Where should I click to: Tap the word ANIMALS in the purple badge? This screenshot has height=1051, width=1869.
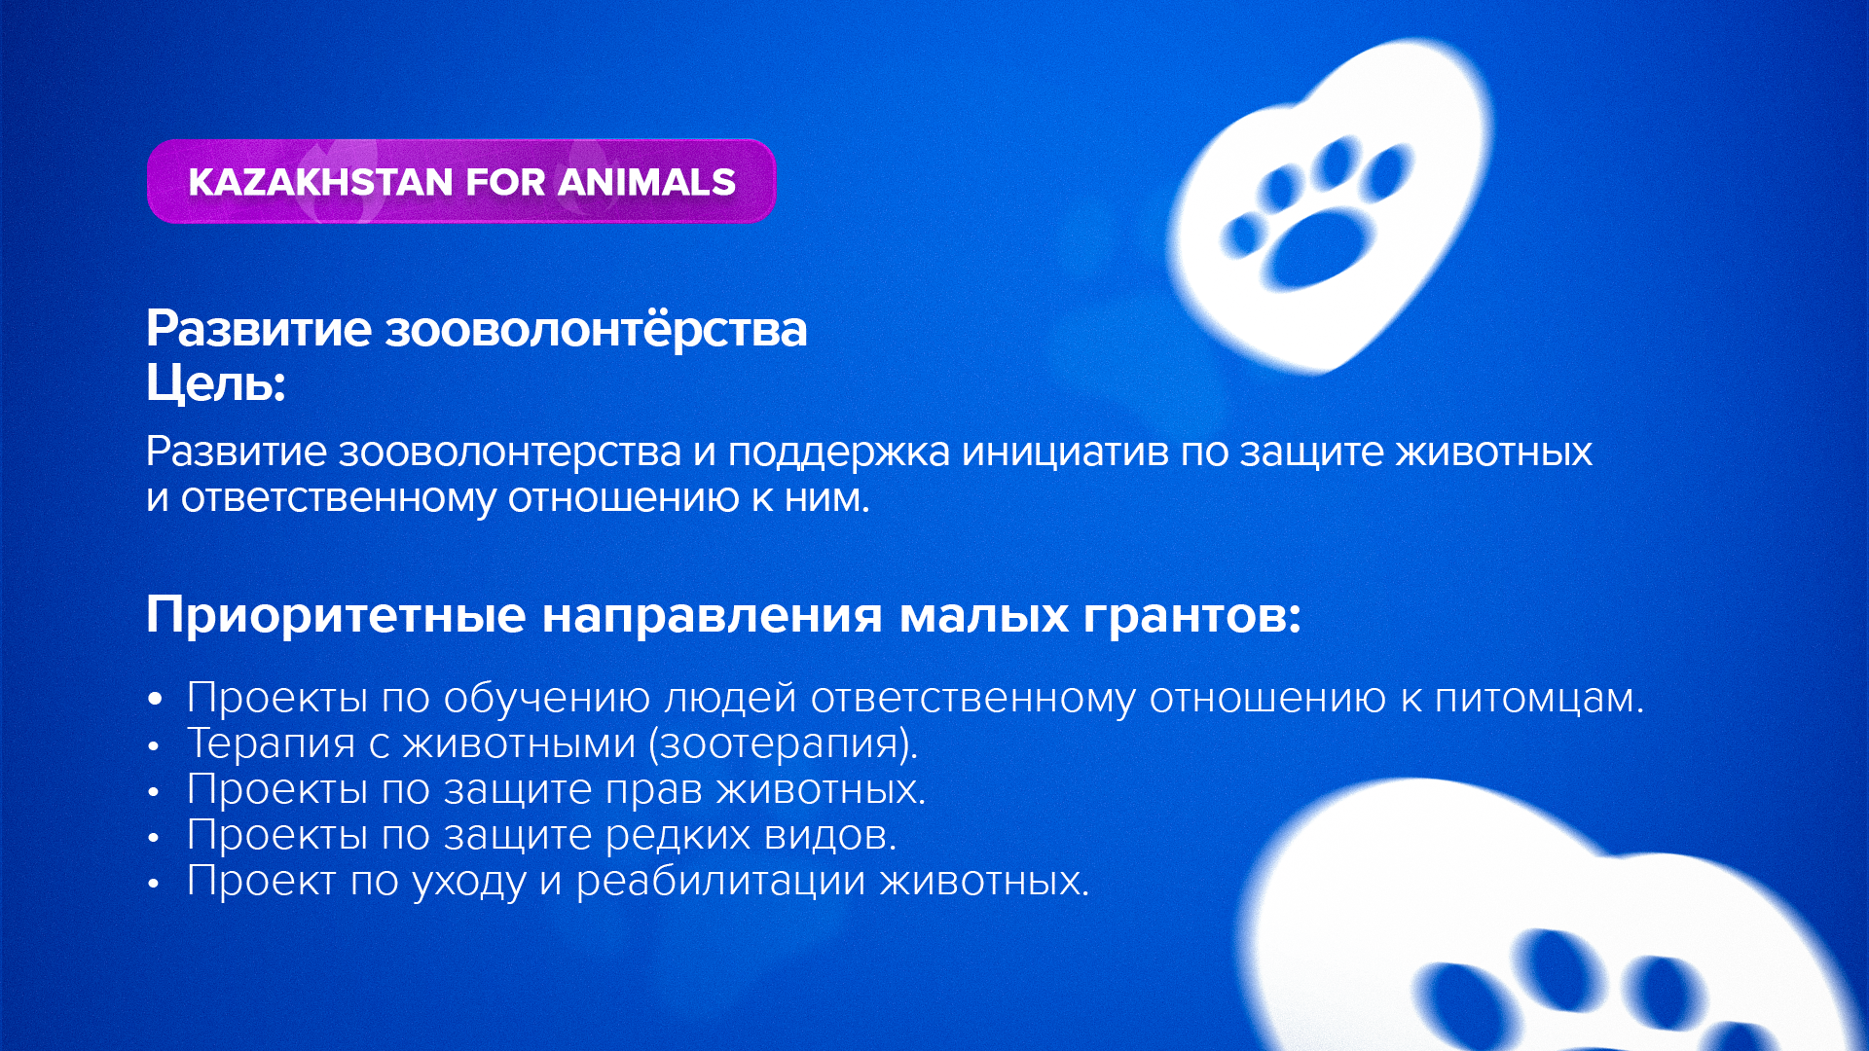[x=647, y=182]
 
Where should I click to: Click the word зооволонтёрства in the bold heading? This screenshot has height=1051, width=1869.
[x=597, y=329]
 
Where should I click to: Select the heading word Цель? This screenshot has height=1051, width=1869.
[x=216, y=383]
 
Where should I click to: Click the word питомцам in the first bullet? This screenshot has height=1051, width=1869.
[x=1539, y=699]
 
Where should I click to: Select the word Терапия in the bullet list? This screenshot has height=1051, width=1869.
[x=272, y=743]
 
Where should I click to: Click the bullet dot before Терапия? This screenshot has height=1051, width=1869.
[x=153, y=746]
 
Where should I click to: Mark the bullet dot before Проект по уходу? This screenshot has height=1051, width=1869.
[x=153, y=884]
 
